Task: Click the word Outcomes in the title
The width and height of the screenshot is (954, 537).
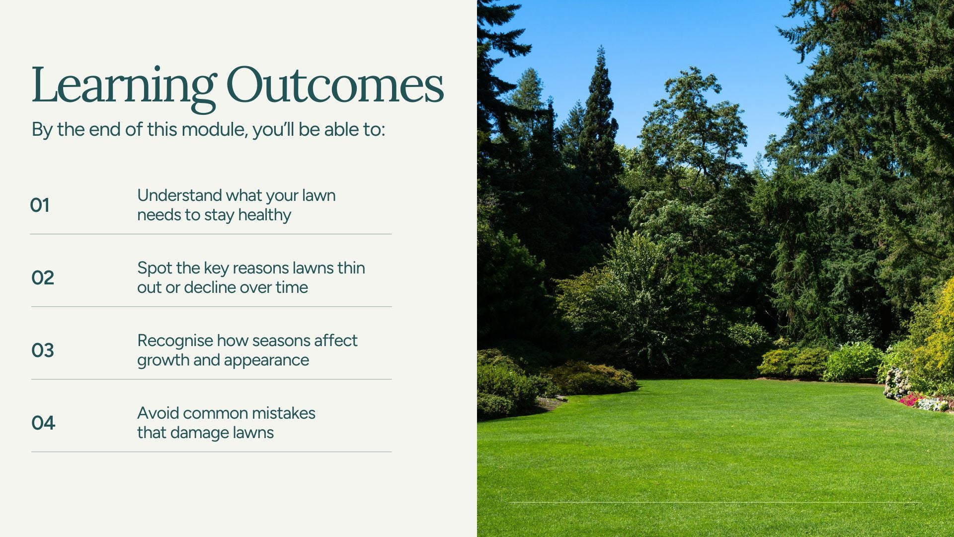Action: [x=335, y=85]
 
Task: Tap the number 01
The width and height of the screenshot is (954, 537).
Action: [x=40, y=205]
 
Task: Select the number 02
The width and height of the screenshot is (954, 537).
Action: [x=43, y=278]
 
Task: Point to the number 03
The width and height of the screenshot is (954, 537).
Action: [x=43, y=351]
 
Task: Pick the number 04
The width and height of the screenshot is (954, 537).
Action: [x=43, y=423]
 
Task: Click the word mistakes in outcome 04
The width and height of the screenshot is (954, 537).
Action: [x=283, y=413]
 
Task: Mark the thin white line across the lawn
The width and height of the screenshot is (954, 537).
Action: [x=715, y=503]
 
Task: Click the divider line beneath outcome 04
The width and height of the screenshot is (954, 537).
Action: [x=212, y=452]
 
